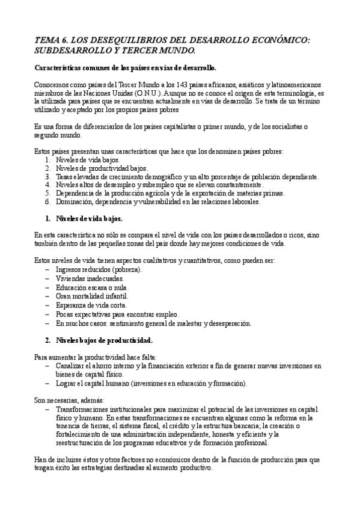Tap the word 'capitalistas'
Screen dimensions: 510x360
coord(177,127)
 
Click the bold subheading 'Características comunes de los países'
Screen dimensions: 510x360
coord(126,67)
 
